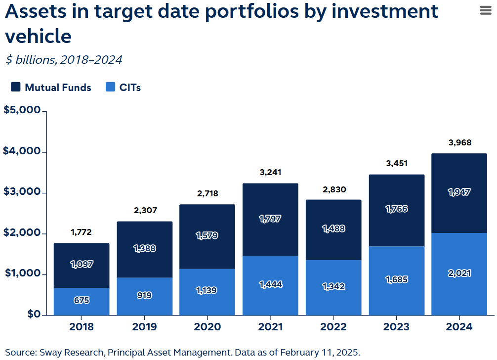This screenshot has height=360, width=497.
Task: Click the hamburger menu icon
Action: pos(486,11)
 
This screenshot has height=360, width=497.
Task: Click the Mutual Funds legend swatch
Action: pos(16,88)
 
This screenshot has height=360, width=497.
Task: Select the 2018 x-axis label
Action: pos(82,327)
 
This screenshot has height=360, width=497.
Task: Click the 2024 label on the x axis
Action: pos(459,327)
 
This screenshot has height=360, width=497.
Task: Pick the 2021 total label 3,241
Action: pos(270,173)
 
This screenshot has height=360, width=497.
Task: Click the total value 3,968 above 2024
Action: pos(459,143)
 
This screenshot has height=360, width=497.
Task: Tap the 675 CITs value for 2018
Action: pos(82,300)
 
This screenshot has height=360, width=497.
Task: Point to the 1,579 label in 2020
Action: pos(207,235)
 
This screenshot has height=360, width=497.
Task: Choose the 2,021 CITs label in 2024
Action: pos(459,273)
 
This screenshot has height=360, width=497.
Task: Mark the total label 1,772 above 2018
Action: pos(82,232)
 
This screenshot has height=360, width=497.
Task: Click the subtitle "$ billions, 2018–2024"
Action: pos(64,60)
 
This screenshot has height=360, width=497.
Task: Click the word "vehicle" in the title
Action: pos(38,36)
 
